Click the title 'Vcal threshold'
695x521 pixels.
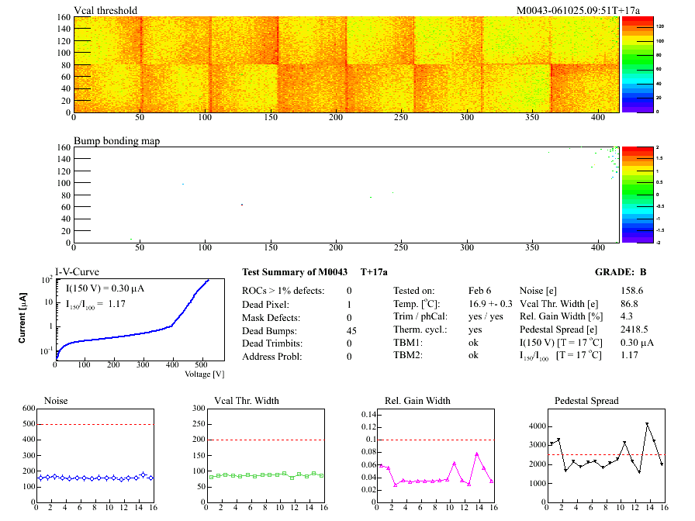coord(105,11)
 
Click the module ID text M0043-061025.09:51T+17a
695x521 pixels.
coord(579,11)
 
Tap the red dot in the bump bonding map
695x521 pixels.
coord(242,205)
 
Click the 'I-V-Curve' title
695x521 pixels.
coord(77,271)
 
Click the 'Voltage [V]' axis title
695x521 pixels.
coord(204,374)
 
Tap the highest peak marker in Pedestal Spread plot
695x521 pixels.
coord(647,425)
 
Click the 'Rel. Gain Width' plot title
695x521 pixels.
coord(417,401)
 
